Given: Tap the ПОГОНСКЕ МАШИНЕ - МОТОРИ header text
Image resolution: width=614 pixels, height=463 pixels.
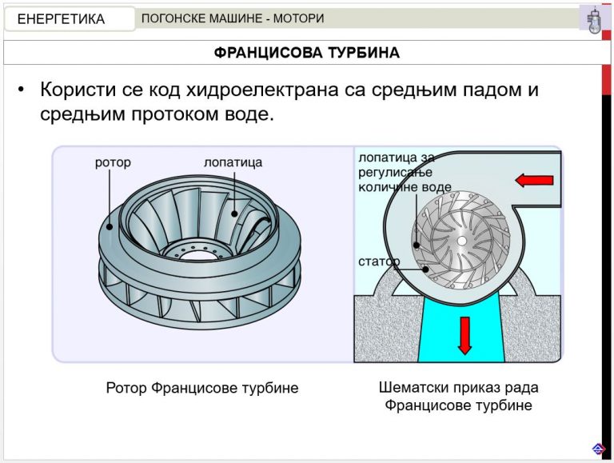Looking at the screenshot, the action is click(x=233, y=18).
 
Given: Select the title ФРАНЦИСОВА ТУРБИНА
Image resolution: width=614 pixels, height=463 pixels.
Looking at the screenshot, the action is click(x=307, y=53).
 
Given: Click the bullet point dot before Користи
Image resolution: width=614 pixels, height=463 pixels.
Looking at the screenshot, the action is click(x=21, y=90).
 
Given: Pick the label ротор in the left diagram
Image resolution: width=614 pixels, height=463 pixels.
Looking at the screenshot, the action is click(x=113, y=162).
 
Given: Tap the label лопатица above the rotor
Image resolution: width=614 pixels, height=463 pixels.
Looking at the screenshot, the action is click(x=233, y=162).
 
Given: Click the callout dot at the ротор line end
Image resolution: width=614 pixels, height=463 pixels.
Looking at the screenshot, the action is click(x=110, y=226).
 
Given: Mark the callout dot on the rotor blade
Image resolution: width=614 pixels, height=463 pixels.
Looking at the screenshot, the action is click(x=234, y=214).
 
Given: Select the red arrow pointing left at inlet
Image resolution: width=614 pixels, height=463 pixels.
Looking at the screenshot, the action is click(x=534, y=180).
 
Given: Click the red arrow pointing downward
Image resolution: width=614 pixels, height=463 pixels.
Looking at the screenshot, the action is click(x=464, y=336).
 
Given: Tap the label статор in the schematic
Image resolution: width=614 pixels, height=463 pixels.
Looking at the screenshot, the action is click(x=379, y=261).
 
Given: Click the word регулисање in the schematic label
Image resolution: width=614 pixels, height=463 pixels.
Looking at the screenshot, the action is click(x=395, y=173).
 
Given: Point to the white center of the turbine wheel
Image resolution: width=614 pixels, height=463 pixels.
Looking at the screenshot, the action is click(x=462, y=241).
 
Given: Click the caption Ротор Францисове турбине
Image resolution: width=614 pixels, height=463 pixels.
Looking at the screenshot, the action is click(x=202, y=388).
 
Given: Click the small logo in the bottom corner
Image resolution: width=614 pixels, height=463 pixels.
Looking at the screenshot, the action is click(x=598, y=449).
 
